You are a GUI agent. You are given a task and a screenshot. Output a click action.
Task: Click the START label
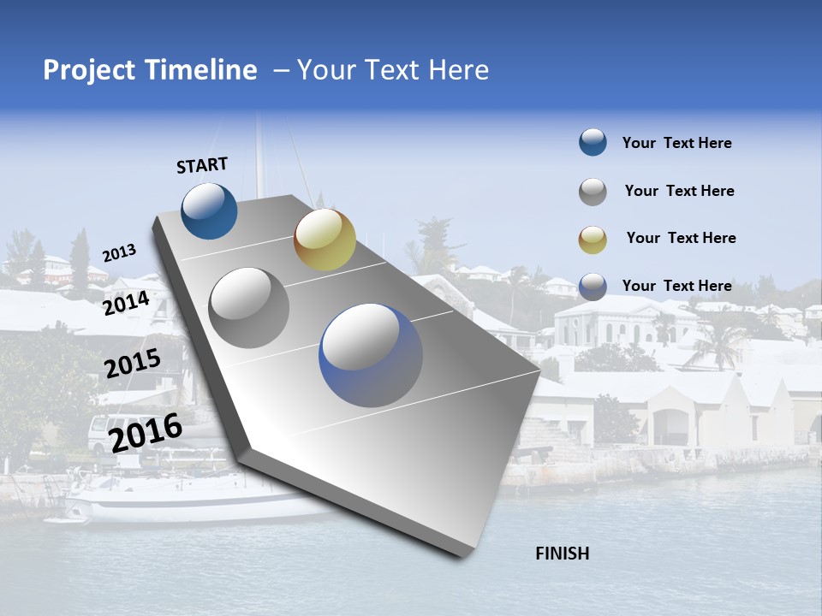click(x=202, y=165)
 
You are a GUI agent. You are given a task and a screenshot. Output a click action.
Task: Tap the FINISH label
click(x=562, y=554)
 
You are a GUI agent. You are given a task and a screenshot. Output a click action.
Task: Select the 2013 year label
click(x=119, y=253)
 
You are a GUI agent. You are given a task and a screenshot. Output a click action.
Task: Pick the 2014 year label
click(x=126, y=304)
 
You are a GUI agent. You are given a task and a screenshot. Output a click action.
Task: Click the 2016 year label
click(x=146, y=432)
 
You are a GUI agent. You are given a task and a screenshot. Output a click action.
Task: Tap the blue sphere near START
click(x=210, y=210)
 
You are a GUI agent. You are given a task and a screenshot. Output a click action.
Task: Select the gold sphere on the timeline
click(x=325, y=240)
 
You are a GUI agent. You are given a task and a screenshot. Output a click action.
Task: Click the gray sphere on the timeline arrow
click(x=249, y=307)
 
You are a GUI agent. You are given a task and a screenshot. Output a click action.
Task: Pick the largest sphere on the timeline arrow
click(x=371, y=355)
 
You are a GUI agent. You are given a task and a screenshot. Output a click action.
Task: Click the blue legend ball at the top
click(x=593, y=143)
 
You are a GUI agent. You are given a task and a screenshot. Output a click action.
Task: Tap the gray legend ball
click(x=593, y=192)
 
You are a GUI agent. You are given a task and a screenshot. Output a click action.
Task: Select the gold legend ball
click(x=593, y=240)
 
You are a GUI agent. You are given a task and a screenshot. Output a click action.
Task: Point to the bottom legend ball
click(x=593, y=287)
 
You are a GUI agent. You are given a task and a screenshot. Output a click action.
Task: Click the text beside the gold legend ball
click(x=681, y=238)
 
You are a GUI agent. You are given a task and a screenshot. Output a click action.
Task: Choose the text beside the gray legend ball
click(x=679, y=191)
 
